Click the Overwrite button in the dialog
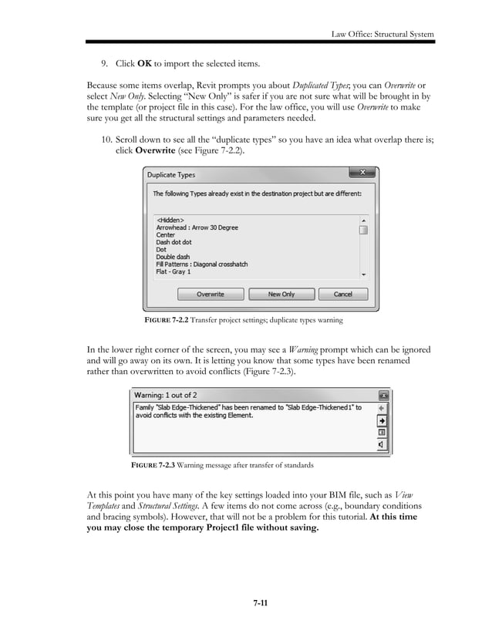(x=210, y=294)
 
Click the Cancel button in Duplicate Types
(x=342, y=294)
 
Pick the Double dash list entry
(x=173, y=257)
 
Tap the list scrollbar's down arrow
(x=363, y=273)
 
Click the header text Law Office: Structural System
(x=382, y=33)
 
